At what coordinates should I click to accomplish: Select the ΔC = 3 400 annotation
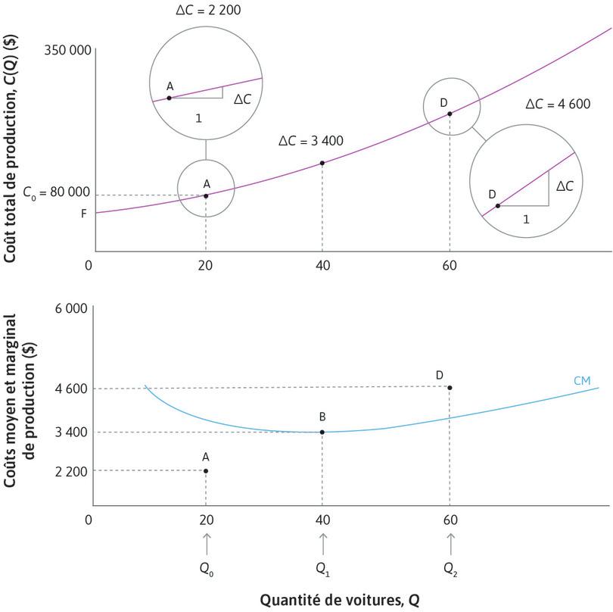point(310,141)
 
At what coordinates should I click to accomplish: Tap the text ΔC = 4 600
point(558,105)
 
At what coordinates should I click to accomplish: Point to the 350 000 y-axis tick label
point(67,51)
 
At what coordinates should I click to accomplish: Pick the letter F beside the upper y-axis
point(84,214)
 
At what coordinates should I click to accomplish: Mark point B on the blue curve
point(322,432)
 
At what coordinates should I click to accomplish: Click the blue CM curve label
point(582,379)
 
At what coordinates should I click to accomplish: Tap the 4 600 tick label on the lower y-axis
point(72,389)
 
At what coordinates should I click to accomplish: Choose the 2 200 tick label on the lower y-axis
point(72,471)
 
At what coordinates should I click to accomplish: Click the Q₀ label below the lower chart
point(206,568)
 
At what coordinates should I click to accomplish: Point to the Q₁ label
point(323,568)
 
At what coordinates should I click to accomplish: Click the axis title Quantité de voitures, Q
point(338,600)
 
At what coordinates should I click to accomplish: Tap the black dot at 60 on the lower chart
point(450,388)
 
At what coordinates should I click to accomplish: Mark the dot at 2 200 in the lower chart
point(206,471)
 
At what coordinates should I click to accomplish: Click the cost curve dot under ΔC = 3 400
point(322,163)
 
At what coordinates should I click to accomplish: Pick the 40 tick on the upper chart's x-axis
point(322,265)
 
